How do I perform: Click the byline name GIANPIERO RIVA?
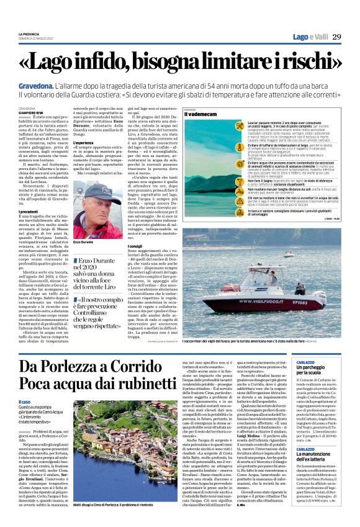pyautogui.click(x=30, y=112)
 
